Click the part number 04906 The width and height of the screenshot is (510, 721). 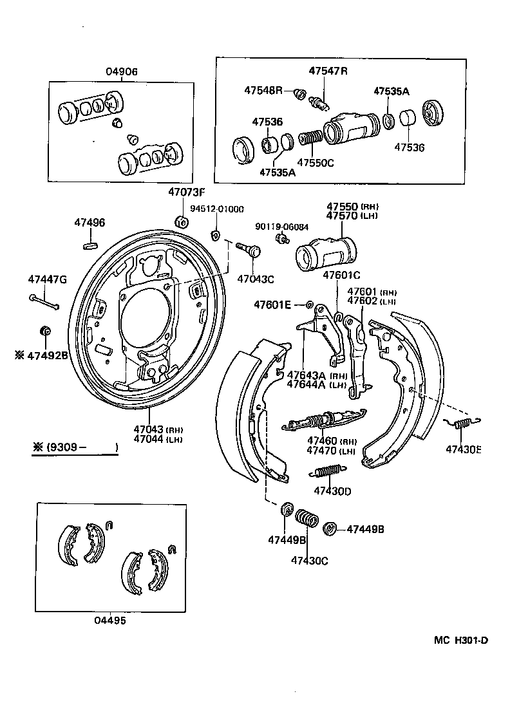click(122, 72)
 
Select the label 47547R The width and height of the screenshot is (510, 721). click(327, 71)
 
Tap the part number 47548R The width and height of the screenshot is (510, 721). click(263, 90)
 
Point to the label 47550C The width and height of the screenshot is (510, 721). click(315, 163)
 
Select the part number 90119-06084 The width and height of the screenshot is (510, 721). click(281, 227)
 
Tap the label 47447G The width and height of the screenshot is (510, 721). click(47, 279)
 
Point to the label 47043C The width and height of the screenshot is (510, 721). click(256, 279)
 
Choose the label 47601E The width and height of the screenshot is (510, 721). click(272, 304)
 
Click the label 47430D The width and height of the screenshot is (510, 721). click(332, 491)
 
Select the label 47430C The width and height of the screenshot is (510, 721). click(309, 560)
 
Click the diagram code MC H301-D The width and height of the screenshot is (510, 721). click(461, 640)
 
